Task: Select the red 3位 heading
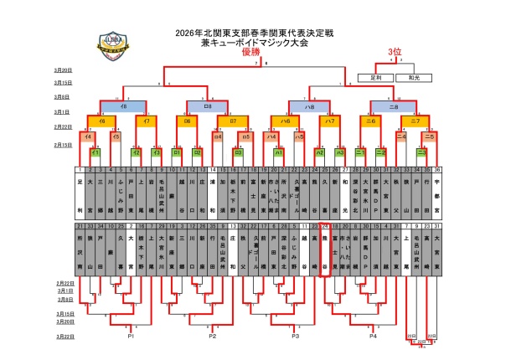click(395, 52)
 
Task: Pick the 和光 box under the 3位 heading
click(413, 77)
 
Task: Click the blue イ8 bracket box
click(124, 108)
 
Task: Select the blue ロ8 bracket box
click(209, 108)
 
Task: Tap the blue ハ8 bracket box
click(309, 108)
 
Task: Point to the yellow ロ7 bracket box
click(233, 122)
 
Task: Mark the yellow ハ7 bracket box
click(331, 122)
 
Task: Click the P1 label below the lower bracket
click(132, 336)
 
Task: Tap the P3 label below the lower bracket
click(295, 336)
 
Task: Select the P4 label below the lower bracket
click(372, 336)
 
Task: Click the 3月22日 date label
click(63, 336)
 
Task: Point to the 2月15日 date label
click(63, 144)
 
